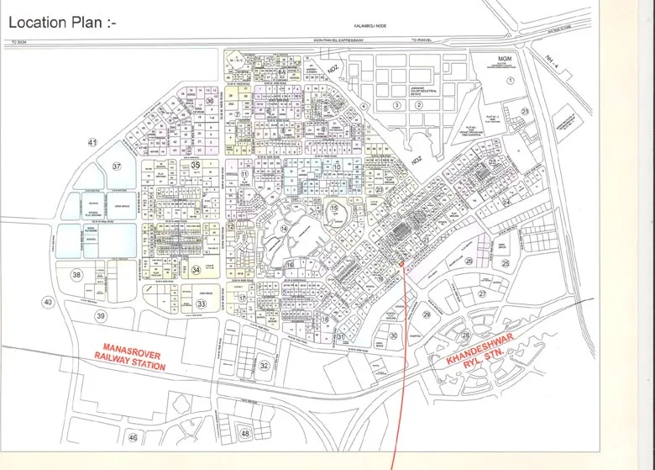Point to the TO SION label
pos(18,41)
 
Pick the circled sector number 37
pos(117,166)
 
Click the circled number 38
pos(76,275)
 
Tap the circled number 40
pos(48,302)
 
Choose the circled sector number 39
pos(102,315)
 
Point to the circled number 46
pos(132,438)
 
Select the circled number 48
pos(245,433)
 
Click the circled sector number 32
pos(264,366)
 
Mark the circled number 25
pos(506,263)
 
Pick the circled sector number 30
pos(393,335)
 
